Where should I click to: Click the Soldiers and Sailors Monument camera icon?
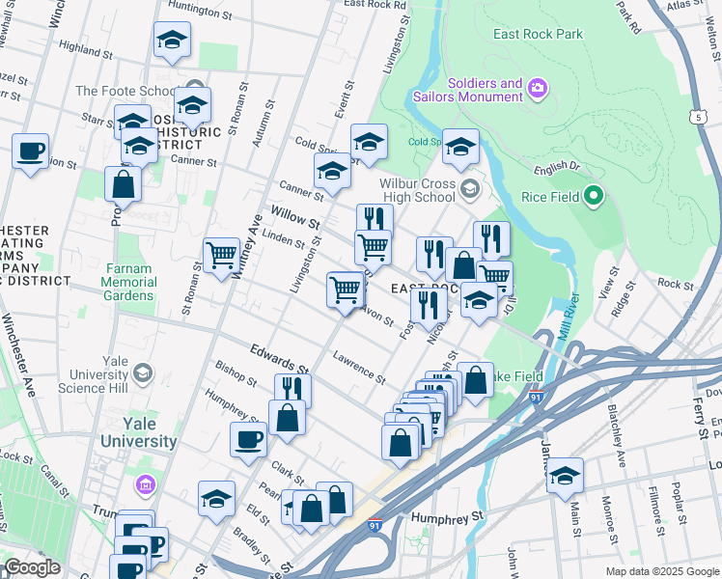pos(538,90)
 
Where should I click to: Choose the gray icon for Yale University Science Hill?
pos(143,372)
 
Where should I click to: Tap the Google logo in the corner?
pos(32,567)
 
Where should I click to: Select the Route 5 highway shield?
pos(696,116)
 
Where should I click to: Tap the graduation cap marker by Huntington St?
pos(172,40)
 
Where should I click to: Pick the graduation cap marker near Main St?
pos(565,476)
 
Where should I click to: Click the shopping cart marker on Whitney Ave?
pos(221,256)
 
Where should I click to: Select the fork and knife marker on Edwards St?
pos(292,388)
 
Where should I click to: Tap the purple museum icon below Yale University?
pos(145,482)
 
